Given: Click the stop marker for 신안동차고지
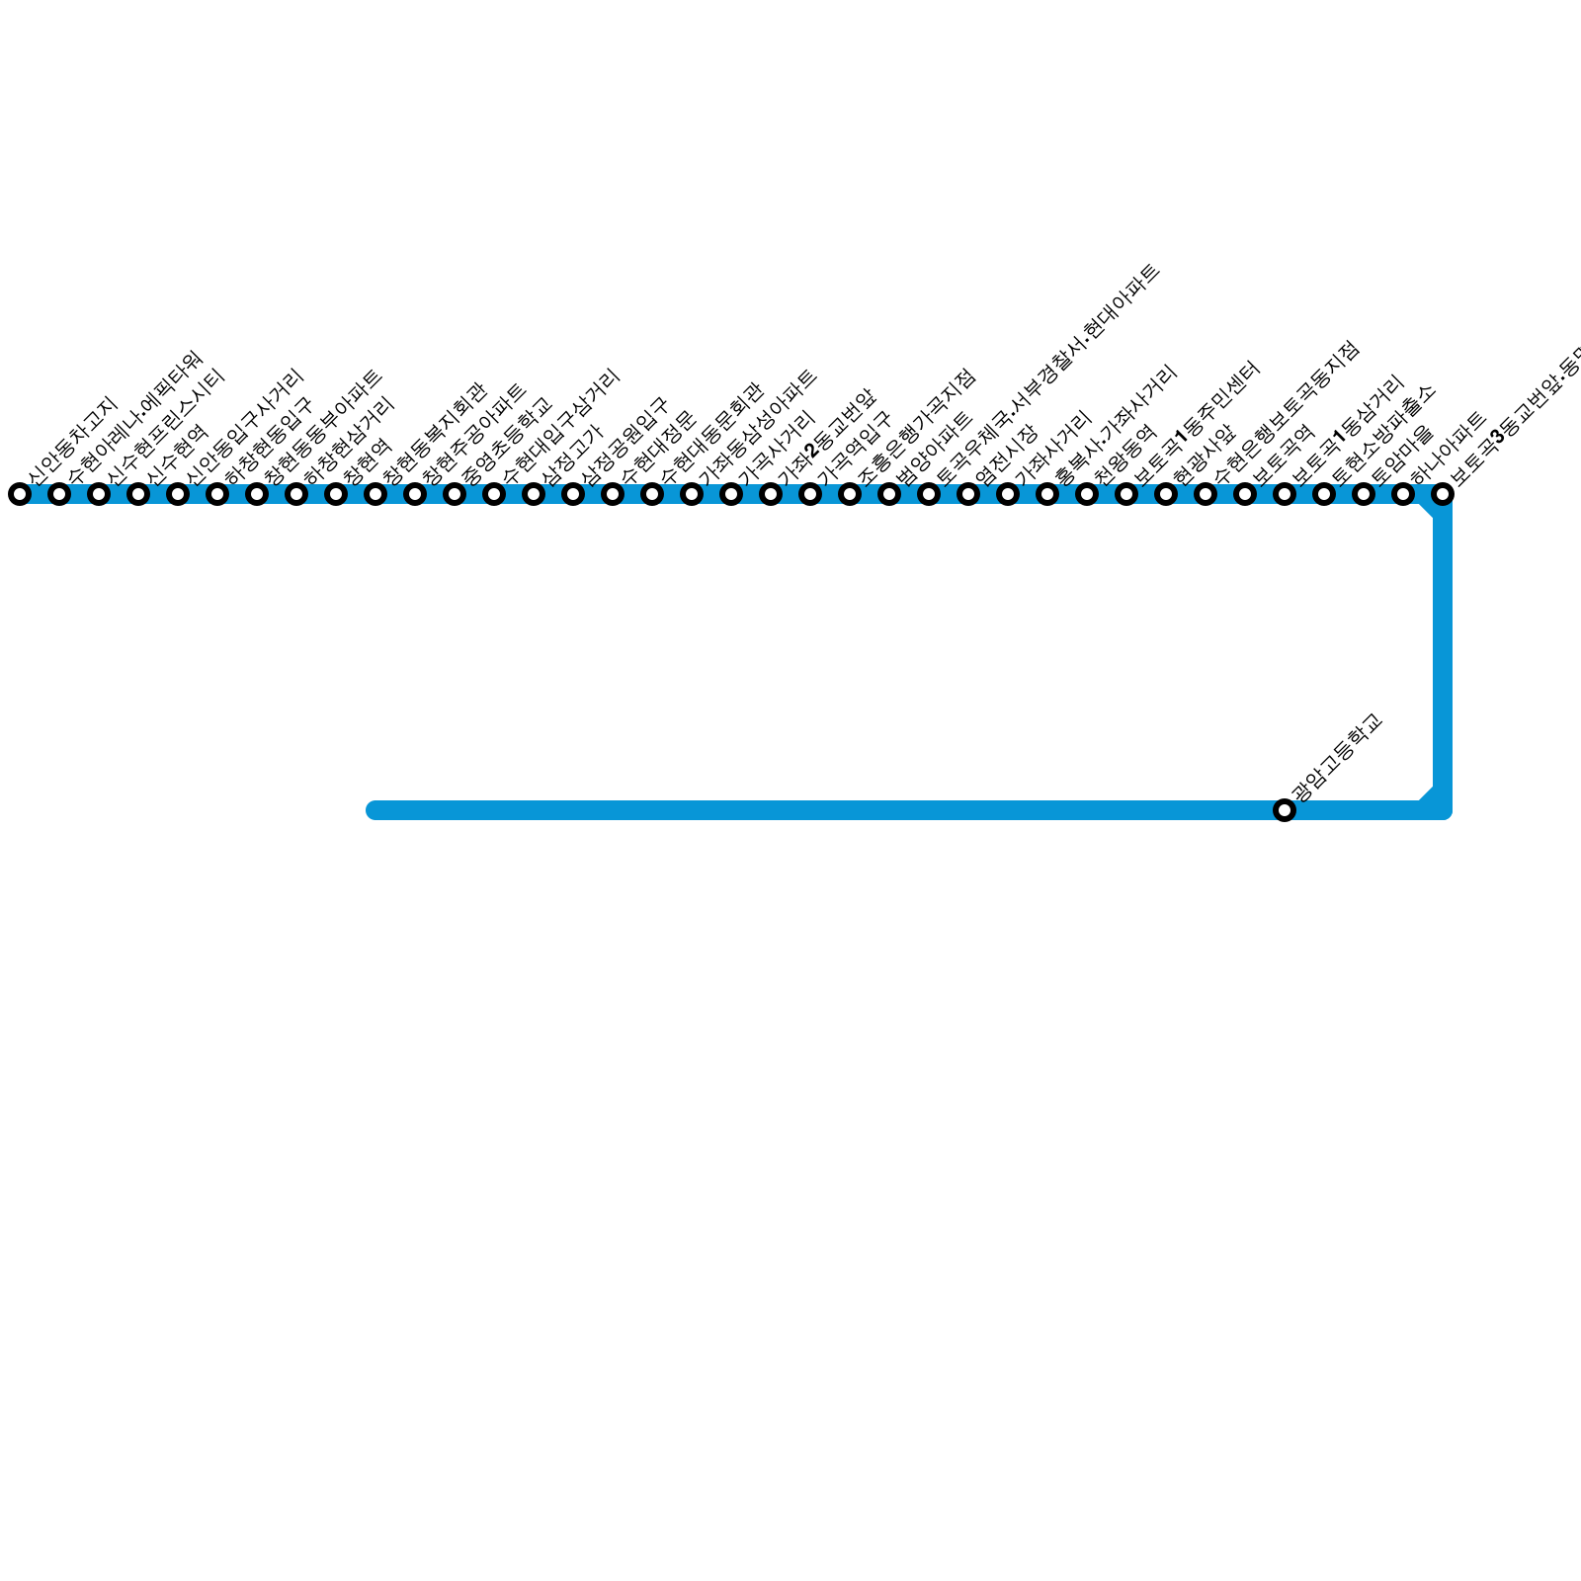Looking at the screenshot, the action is click(x=20, y=494).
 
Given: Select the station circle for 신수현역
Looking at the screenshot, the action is click(x=138, y=494).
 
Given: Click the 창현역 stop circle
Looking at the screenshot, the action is click(x=336, y=494).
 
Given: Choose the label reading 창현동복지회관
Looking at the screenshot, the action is click(x=434, y=434).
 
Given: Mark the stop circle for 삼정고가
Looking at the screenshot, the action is click(x=534, y=494).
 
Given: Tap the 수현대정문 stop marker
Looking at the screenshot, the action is click(x=613, y=494).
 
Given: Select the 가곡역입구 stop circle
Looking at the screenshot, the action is click(x=810, y=494).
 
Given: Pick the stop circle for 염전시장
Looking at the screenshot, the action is click(x=968, y=494).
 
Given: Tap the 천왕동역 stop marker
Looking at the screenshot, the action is click(x=1087, y=494).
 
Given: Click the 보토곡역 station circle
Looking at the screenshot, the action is click(x=1245, y=494).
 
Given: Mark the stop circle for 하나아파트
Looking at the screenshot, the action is click(x=1403, y=494).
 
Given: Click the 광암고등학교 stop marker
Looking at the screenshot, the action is click(x=1285, y=810).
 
